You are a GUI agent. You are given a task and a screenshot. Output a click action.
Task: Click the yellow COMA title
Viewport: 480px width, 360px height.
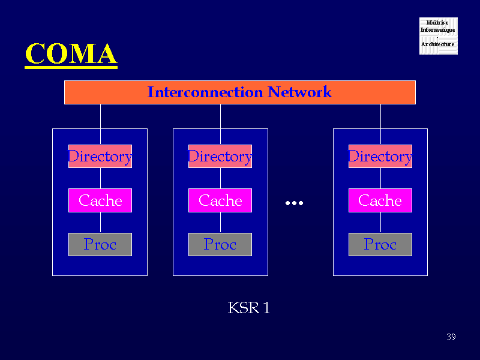[70, 54]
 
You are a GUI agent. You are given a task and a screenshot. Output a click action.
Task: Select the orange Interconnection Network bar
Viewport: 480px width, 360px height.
[239, 92]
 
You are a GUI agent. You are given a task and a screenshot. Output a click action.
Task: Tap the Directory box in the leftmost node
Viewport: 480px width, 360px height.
[100, 157]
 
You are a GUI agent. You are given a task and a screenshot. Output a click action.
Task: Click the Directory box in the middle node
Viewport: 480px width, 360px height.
[220, 157]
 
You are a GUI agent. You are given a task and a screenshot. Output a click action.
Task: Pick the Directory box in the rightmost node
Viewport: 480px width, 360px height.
[380, 157]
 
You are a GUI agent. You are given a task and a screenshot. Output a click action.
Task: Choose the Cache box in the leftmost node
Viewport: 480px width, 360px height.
[100, 200]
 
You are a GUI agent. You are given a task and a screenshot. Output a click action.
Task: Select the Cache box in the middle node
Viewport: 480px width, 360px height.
[220, 200]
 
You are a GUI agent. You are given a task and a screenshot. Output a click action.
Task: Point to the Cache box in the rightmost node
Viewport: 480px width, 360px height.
[380, 200]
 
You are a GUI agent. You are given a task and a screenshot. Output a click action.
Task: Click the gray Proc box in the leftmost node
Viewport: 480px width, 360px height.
[100, 244]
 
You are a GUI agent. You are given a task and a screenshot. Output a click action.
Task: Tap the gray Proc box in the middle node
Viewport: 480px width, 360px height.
[220, 244]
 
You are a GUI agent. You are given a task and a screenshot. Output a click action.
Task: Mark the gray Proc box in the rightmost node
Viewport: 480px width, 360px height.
[380, 244]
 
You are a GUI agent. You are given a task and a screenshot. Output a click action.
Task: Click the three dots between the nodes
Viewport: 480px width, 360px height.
[294, 203]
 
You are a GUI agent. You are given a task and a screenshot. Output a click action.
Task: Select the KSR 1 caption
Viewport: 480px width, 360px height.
[248, 308]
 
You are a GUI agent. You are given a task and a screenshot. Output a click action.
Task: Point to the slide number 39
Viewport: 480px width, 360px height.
[451, 337]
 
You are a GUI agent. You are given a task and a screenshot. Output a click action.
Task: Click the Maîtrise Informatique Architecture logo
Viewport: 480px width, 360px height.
[438, 36]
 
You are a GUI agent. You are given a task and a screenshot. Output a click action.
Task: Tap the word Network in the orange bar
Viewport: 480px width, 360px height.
[299, 92]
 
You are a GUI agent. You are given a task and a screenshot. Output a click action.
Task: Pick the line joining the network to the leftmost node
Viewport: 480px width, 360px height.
[100, 116]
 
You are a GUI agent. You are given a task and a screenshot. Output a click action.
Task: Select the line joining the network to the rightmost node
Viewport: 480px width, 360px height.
[380, 116]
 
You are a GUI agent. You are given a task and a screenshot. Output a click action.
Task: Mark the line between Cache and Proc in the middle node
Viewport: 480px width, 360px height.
[220, 223]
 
